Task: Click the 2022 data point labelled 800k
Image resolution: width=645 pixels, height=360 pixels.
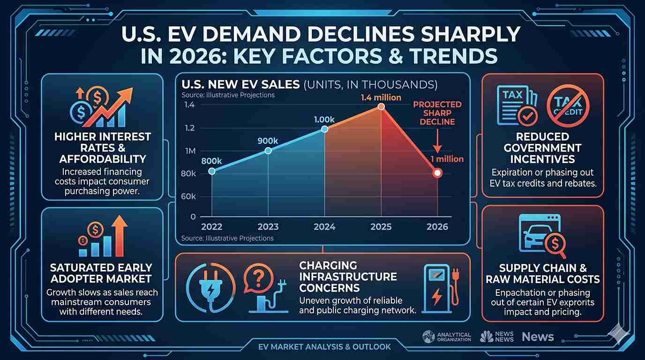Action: coord(211,171)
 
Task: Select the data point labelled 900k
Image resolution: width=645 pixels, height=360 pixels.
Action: coord(268,150)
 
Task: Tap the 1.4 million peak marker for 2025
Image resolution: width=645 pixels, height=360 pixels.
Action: coord(381,107)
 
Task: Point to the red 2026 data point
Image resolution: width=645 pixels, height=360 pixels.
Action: coord(437,173)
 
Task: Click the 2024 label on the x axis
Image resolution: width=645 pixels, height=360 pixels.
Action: coord(324,227)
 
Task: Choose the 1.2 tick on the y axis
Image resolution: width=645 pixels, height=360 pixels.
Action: coord(190,128)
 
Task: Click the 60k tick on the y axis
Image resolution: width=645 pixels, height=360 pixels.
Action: coord(188,196)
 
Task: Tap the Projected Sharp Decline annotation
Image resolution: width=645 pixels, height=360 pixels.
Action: coord(437,113)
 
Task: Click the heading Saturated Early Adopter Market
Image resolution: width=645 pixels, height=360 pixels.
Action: coord(102,273)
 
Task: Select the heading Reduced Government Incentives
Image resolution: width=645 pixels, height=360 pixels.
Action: coord(542,148)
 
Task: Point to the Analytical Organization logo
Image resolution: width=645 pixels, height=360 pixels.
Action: coord(446,337)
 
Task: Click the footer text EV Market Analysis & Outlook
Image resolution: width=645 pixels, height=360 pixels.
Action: coord(324,347)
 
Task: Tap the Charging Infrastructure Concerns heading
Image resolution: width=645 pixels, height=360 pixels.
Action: coord(348,277)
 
